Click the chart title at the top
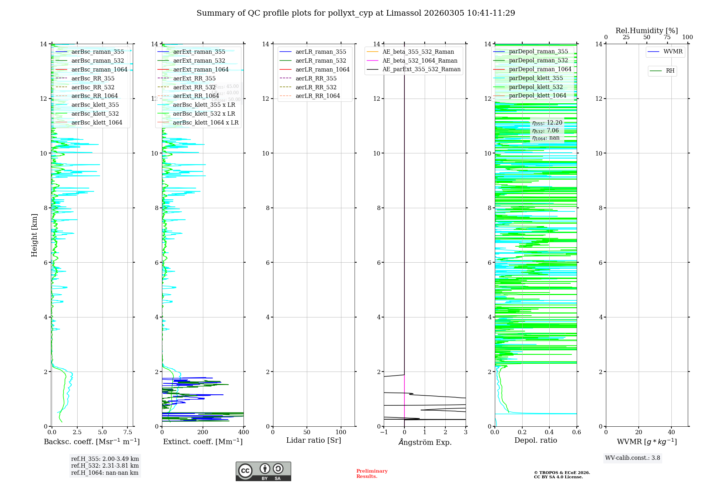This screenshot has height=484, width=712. tap(356, 13)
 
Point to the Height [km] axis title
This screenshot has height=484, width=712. tap(34, 235)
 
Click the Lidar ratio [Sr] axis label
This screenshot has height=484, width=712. tap(314, 441)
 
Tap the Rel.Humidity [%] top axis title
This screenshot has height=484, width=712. tap(646, 31)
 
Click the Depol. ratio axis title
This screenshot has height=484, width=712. tap(535, 441)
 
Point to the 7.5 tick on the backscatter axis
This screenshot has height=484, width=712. tap(128, 432)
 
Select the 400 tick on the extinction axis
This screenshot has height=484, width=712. tap(244, 432)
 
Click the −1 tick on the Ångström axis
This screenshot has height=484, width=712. tap(383, 432)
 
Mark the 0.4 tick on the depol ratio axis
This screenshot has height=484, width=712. tap(549, 432)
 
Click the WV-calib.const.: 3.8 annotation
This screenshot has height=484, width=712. tap(633, 458)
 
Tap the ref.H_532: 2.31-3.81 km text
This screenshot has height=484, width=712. tap(105, 466)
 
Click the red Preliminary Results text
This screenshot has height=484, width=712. tap(372, 474)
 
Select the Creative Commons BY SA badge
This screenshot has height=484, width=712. tap(263, 472)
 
